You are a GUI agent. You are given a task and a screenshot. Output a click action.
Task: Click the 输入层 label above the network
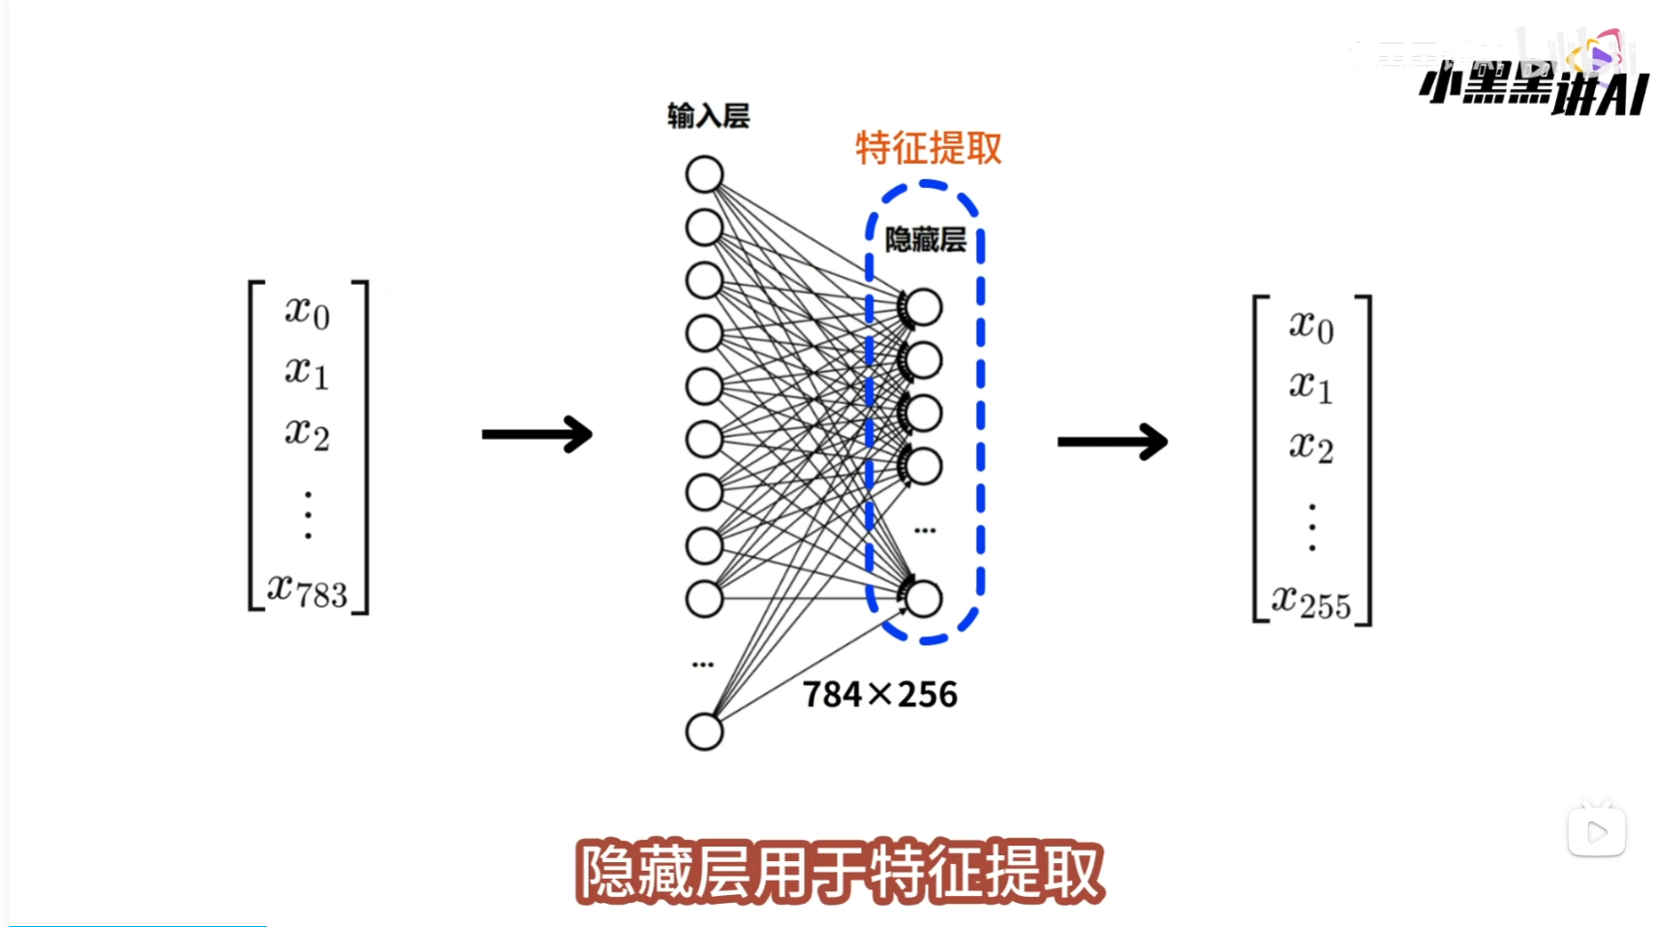(708, 116)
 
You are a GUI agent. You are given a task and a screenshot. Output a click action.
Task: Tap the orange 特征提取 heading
(928, 148)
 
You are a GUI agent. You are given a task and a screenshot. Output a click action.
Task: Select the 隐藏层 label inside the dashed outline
(925, 239)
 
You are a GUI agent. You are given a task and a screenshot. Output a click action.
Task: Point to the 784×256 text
(879, 695)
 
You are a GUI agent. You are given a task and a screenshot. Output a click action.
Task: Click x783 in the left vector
(307, 590)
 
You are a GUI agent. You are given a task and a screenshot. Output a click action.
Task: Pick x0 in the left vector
(307, 312)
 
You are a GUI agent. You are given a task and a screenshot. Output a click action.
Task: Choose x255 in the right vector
(1310, 603)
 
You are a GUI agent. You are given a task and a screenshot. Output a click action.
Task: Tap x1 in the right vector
(1310, 386)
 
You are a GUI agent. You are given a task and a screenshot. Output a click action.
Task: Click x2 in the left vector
(307, 432)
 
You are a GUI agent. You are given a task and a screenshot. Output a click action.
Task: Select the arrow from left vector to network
(536, 434)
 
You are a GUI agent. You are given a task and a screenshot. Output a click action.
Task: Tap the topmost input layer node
(704, 175)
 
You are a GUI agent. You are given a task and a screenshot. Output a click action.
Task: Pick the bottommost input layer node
(704, 731)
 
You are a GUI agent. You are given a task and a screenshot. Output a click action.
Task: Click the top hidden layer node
(924, 308)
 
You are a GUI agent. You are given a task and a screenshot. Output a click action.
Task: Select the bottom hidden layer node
(924, 599)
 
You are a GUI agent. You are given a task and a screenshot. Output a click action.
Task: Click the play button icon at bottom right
(1596, 831)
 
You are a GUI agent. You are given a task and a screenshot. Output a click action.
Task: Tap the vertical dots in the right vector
(1312, 527)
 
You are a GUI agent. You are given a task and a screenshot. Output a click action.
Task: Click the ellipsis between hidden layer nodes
(925, 531)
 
